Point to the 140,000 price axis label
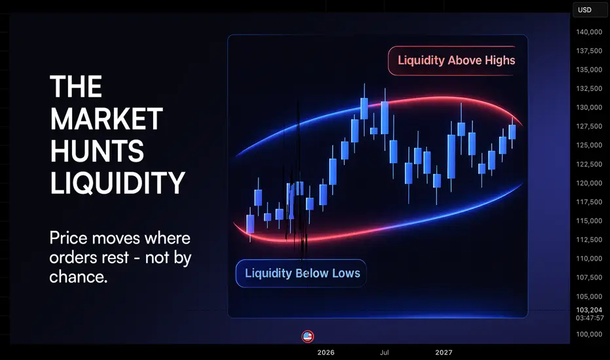(x=589, y=32)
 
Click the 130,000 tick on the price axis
(x=589, y=107)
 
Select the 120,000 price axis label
(x=589, y=183)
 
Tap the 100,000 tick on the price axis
(x=589, y=334)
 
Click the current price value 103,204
(x=589, y=310)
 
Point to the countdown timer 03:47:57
(x=590, y=318)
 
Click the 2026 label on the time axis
(x=326, y=353)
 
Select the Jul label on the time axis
(x=384, y=353)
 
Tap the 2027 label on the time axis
(x=444, y=353)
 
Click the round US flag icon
(x=308, y=336)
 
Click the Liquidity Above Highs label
(x=456, y=60)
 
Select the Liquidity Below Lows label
(x=302, y=273)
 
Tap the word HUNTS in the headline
(x=97, y=151)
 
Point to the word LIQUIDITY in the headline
(x=118, y=183)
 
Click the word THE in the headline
(x=76, y=86)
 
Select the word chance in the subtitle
(x=78, y=277)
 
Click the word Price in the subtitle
(x=69, y=238)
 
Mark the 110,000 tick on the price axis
(x=589, y=259)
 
